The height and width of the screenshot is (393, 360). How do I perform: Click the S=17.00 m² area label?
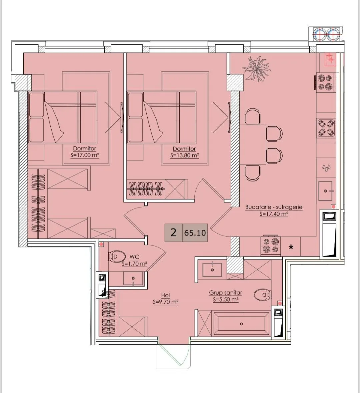coord(85,155)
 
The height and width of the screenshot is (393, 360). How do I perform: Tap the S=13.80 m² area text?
coord(185,155)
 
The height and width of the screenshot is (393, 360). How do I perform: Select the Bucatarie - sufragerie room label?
coord(274,207)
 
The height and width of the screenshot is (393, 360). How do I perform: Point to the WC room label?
coord(134,257)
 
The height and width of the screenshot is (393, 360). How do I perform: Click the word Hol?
coord(166,296)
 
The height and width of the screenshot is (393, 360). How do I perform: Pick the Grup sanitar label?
coord(226,293)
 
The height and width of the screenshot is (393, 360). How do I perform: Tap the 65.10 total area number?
coord(195,233)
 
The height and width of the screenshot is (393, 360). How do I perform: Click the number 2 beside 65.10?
coord(173,233)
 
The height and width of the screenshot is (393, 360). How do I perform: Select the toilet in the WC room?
coord(117,257)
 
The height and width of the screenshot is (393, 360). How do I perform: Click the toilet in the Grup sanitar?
coord(262,295)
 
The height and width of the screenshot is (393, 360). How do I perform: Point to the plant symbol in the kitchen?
coord(256,68)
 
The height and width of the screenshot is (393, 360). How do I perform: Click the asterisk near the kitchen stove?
coord(291,247)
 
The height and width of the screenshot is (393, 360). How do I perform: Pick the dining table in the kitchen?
coord(253,144)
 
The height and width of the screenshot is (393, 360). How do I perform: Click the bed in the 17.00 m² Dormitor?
coord(62,117)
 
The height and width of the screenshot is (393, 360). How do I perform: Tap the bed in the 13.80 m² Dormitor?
coord(161,117)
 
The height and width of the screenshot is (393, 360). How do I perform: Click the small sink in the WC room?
coord(133,278)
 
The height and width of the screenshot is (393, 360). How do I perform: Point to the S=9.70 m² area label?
coord(165,302)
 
